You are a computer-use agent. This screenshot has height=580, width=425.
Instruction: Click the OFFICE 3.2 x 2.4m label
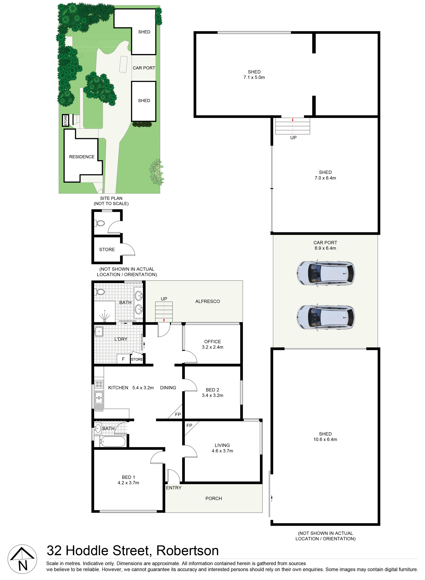tap(213, 344)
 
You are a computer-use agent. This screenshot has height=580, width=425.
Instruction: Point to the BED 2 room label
tap(213, 390)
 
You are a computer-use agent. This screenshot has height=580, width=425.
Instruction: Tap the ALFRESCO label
tap(208, 301)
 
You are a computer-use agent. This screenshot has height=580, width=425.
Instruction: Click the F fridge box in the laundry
tap(123, 359)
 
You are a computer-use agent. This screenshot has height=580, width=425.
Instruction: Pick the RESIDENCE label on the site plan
tap(82, 157)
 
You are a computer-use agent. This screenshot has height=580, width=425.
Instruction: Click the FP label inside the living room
tap(189, 426)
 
